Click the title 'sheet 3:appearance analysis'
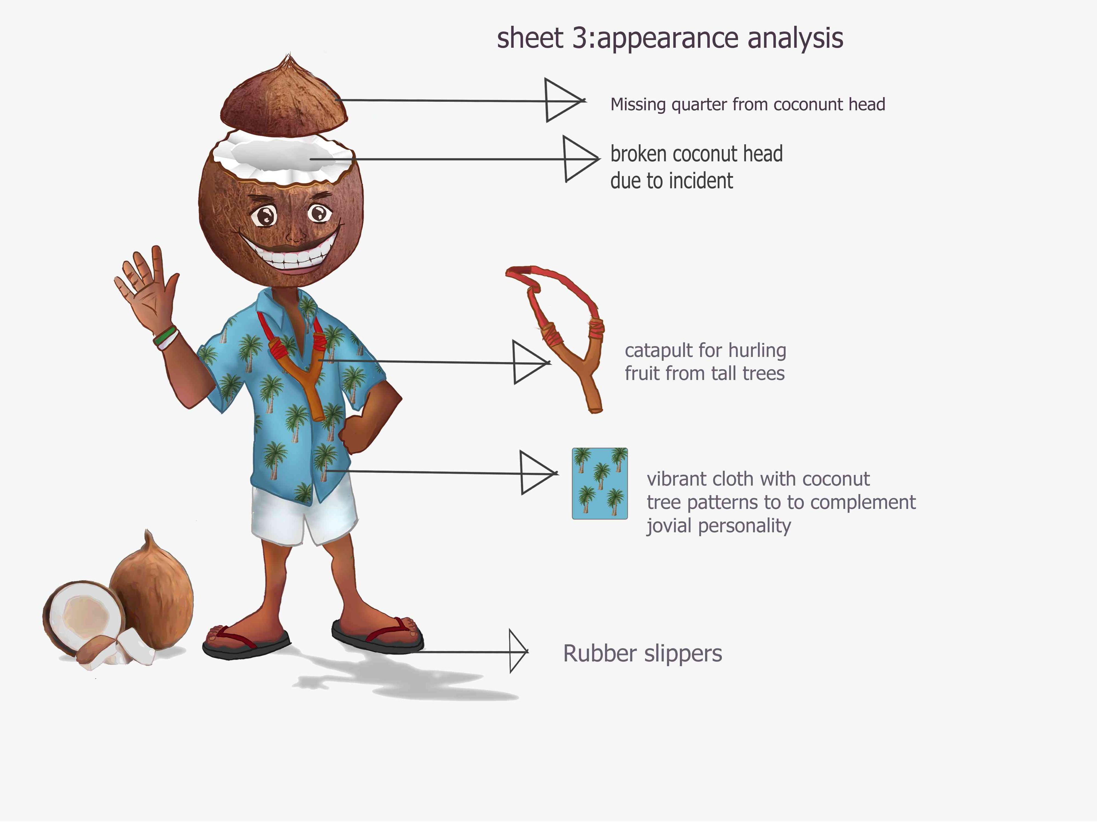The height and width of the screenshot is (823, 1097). [670, 39]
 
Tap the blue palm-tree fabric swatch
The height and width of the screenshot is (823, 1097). [600, 484]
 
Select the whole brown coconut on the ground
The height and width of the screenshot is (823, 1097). [151, 590]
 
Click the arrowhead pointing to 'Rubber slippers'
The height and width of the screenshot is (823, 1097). [518, 651]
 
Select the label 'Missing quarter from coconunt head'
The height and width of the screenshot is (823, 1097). [747, 105]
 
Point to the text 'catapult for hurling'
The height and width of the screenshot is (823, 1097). [705, 350]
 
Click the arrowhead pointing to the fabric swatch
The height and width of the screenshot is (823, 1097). [539, 472]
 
